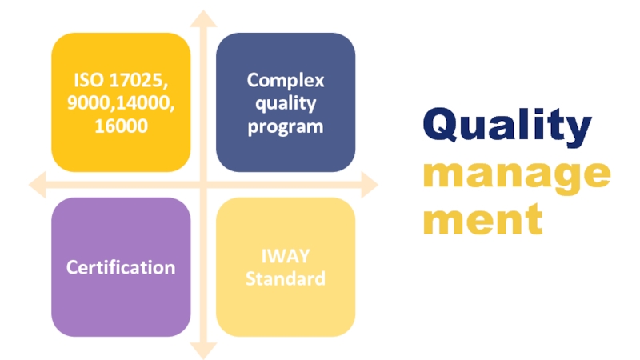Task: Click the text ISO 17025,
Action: click(121, 81)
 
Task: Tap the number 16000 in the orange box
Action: click(121, 126)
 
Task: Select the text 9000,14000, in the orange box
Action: click(121, 103)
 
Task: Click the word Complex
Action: click(286, 81)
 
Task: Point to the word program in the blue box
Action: click(286, 127)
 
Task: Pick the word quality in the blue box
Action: click(286, 104)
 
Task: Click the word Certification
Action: click(121, 267)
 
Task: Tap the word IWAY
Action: click(286, 256)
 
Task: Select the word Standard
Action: click(286, 278)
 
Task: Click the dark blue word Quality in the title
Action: click(507, 126)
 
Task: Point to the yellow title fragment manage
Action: click(516, 176)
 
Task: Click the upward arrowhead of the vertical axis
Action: click(203, 18)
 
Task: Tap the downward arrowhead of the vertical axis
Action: click(203, 351)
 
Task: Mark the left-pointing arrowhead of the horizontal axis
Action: click(37, 185)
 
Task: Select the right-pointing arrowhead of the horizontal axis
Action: click(370, 185)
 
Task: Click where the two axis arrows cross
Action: click(203, 185)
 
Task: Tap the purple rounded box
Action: click(121, 267)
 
